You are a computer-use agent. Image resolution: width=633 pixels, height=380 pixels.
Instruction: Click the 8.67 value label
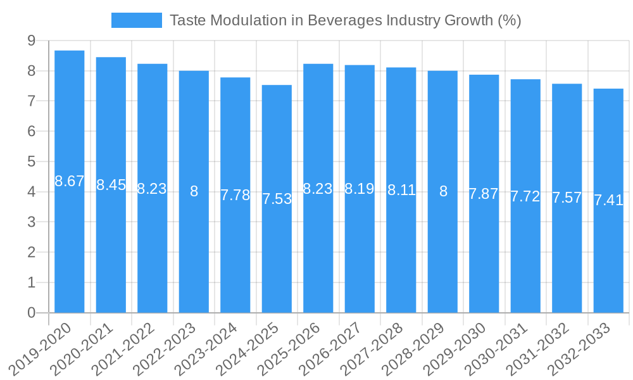pos(70,182)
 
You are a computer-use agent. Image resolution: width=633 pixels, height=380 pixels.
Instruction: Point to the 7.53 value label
pos(277,199)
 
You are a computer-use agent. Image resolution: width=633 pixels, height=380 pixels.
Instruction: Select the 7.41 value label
pos(608,201)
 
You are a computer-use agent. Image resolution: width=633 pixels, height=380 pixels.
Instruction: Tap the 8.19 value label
pos(360,189)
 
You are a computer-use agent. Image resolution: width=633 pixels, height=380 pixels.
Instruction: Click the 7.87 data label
pos(484,194)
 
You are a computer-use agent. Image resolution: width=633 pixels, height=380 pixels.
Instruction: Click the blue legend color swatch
pos(136,20)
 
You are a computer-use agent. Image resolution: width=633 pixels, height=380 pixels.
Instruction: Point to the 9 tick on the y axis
pos(31,41)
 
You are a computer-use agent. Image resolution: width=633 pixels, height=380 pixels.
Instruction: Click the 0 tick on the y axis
pos(31,313)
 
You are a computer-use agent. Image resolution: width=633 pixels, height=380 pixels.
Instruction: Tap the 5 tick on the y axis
pos(31,161)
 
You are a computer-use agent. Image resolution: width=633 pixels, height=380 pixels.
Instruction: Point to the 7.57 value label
pos(567,198)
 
